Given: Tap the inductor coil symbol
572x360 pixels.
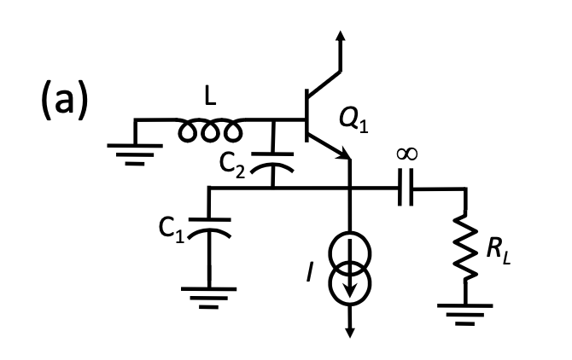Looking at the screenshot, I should (210, 131).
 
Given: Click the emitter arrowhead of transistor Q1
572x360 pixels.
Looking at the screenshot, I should (345, 154).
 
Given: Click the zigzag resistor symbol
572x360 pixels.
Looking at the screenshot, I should (465, 247).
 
